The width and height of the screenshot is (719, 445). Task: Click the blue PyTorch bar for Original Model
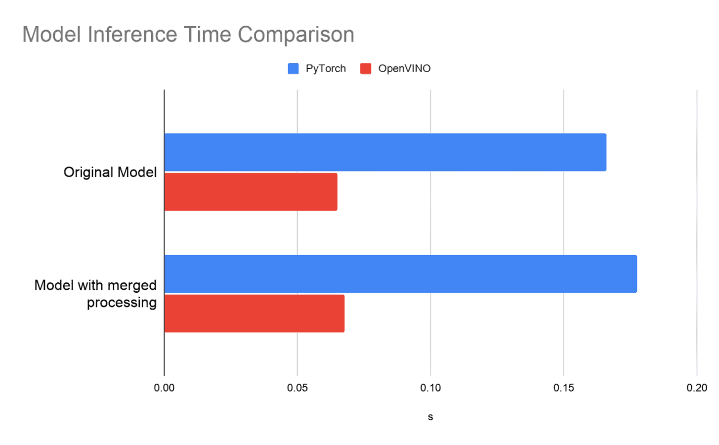point(385,152)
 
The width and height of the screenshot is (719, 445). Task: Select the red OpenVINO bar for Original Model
point(251,192)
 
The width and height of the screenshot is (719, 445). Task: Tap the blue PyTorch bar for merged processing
point(400,274)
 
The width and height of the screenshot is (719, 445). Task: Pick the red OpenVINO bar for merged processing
point(254,313)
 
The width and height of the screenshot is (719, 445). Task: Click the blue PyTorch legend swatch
point(293,69)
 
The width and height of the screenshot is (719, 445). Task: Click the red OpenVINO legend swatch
point(366,69)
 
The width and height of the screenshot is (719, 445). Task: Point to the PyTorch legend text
point(326,69)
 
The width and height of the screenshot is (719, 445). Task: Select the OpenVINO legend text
point(404,69)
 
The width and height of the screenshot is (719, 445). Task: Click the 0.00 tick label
point(164,388)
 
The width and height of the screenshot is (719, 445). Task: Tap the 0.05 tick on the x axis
point(297,388)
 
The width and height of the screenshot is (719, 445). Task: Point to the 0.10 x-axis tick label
point(430,388)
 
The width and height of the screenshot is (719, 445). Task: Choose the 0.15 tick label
point(564,388)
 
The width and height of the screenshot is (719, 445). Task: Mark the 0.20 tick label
point(697,388)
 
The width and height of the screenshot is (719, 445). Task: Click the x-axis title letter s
point(430,417)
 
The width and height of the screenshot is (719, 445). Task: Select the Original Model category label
point(110,172)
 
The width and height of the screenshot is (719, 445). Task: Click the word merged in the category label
point(132,286)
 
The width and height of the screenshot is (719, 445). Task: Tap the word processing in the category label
point(122,303)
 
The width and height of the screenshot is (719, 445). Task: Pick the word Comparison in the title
point(296,35)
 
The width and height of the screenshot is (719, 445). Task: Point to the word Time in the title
point(208,35)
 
